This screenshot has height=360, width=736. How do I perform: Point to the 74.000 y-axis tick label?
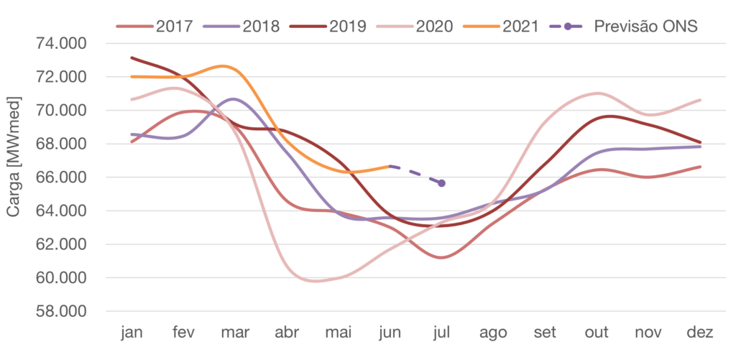[x=61, y=44]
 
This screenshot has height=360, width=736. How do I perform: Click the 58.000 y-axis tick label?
[x=61, y=312]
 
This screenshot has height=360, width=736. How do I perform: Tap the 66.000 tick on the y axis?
[x=61, y=177]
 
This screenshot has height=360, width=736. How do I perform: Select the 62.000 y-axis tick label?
[x=61, y=244]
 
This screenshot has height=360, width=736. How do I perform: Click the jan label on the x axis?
[x=132, y=333]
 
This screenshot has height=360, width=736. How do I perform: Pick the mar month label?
[x=235, y=333]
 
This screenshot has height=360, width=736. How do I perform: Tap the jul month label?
[x=442, y=333]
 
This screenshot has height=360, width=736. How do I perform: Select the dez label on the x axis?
[x=700, y=333]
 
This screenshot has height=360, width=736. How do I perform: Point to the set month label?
[x=546, y=333]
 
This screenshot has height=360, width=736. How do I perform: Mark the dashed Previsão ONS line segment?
[x=415, y=174]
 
